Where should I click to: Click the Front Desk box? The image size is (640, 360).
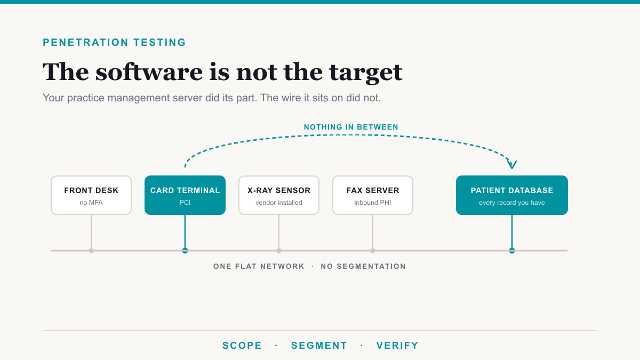(91, 195)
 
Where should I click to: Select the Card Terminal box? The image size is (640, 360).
(185, 195)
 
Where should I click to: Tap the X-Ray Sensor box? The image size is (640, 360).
(279, 195)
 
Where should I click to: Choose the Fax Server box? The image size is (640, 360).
(373, 195)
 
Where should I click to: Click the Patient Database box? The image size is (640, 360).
(511, 195)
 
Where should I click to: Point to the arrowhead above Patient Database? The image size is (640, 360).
(511, 165)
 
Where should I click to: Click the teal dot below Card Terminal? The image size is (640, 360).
(185, 251)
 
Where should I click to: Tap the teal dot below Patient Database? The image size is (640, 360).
(511, 251)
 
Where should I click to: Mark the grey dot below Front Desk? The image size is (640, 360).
(91, 251)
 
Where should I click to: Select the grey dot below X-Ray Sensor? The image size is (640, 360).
(279, 251)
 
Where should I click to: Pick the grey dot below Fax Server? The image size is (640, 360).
(373, 251)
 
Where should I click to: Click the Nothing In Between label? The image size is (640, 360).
(351, 127)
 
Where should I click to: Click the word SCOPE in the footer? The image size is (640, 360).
(242, 346)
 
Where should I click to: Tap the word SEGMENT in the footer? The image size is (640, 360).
(319, 346)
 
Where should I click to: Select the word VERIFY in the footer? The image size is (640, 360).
(397, 346)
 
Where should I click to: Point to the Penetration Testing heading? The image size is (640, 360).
(114, 42)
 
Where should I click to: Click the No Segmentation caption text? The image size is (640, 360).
(363, 266)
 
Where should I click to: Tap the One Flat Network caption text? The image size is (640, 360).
(259, 266)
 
